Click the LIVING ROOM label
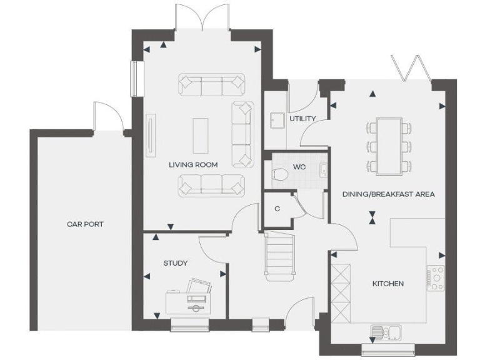tap(193, 165)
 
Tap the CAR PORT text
tap(85, 224)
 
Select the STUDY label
tap(175, 263)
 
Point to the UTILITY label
tap(302, 118)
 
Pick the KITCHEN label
tap(388, 283)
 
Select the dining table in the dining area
tap(389, 146)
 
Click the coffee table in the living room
tap(201, 135)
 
